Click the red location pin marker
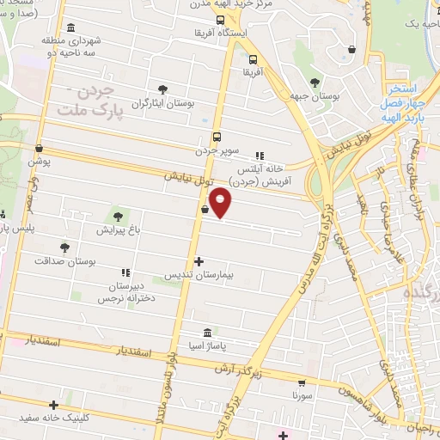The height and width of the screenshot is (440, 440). pyautogui.click(x=221, y=201)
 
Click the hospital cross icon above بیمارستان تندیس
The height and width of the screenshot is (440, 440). pyautogui.click(x=199, y=261)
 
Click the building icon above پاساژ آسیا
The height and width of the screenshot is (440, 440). pyautogui.click(x=206, y=333)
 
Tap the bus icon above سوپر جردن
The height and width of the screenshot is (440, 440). pyautogui.click(x=217, y=136)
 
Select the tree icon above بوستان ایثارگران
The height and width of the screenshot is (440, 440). pyautogui.click(x=163, y=89)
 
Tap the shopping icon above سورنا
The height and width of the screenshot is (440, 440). pyautogui.click(x=301, y=383)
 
